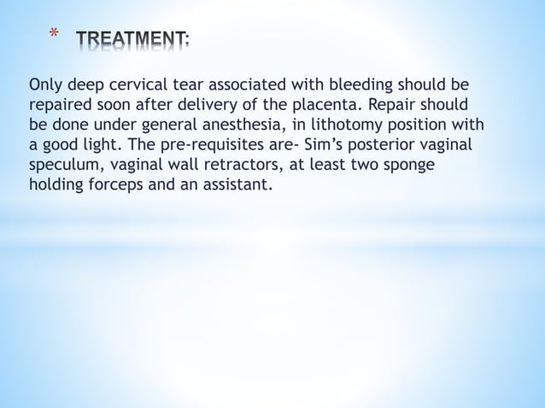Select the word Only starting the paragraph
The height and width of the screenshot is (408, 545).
click(45, 85)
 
